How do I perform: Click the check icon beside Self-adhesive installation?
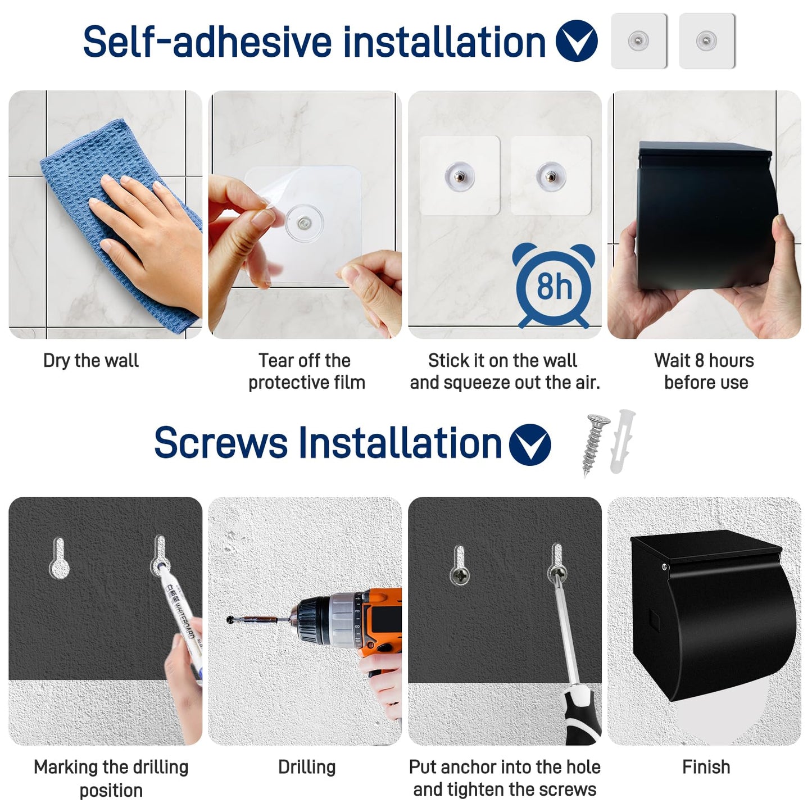577,41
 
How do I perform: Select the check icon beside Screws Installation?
530,444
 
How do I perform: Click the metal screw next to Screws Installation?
595,444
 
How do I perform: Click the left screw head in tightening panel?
459,574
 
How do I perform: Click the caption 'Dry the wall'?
91,361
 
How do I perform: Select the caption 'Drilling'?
307,767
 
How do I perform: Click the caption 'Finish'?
706,767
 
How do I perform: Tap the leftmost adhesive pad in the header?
639,41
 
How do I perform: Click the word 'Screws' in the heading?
221,443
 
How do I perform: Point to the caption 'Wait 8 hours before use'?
705,371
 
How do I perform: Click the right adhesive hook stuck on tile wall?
550,175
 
